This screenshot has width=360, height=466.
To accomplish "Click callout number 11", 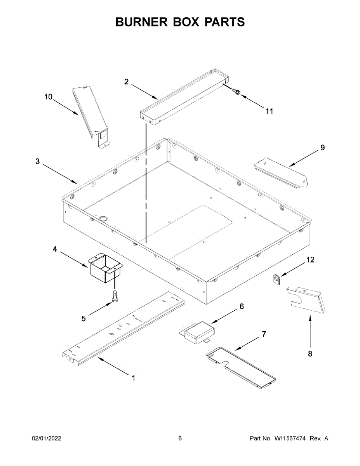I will (269, 111).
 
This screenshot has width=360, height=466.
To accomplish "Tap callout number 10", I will (48, 97).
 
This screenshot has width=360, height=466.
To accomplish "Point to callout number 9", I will (322, 148).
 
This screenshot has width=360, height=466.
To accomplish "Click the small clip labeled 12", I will (276, 279).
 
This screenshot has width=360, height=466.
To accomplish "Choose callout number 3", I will (38, 161).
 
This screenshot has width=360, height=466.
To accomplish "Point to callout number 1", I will (134, 377).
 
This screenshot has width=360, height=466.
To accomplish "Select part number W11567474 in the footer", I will (290, 438).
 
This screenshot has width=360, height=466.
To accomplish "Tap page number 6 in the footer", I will (180, 438).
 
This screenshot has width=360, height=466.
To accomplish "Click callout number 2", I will (127, 82).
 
